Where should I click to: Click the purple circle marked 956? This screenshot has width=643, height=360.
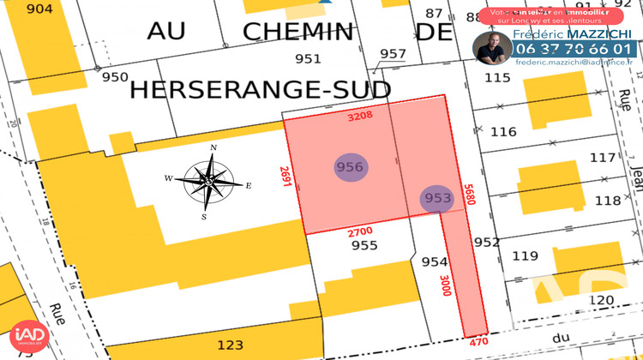350,167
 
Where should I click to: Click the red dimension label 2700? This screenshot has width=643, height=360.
360,231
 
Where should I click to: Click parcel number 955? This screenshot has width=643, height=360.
364,245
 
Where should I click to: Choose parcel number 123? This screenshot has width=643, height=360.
229,345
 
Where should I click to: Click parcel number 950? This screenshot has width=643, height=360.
115,77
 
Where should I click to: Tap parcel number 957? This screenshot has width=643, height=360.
393,54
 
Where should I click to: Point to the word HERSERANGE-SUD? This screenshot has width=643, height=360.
259,89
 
